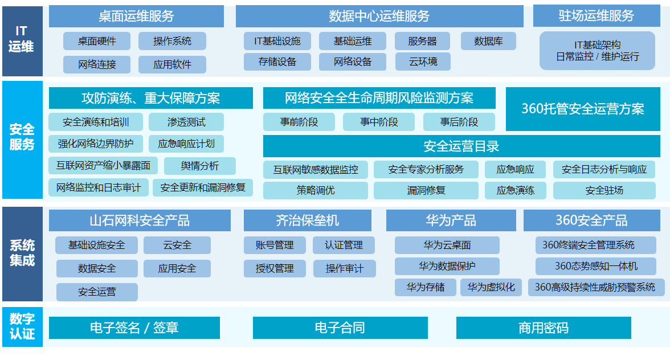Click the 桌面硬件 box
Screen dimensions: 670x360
97,41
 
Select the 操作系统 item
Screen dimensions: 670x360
172,41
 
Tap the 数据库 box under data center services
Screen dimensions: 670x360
488,41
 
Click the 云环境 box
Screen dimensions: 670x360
423,62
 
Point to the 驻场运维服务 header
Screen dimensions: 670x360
597,16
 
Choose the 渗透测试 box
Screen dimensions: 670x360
186,122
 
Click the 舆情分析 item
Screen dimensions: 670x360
200,166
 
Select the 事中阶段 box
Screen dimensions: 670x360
379,122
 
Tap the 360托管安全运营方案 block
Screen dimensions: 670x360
583,109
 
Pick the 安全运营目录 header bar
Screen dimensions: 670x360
461,146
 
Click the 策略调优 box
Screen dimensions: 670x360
316,190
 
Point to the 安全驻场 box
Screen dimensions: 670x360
604,190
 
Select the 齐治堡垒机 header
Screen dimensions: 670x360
307,220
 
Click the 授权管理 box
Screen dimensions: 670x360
275,269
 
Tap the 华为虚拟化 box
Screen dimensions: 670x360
491,288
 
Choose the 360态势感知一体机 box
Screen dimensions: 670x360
596,266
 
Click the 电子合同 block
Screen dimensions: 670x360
340,328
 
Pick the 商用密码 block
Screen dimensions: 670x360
544,328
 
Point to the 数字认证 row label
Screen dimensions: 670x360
22,327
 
